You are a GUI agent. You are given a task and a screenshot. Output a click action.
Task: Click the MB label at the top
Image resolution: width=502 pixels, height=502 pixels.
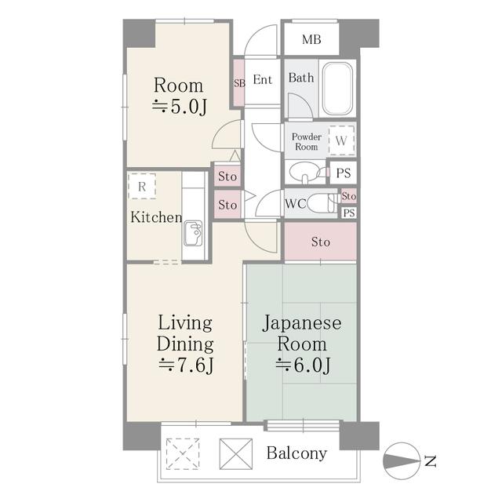click(x=311, y=40)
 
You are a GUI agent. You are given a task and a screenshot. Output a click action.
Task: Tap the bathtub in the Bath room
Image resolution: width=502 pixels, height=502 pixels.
click(x=338, y=88)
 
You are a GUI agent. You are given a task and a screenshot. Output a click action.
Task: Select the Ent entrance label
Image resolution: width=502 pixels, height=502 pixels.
click(x=262, y=80)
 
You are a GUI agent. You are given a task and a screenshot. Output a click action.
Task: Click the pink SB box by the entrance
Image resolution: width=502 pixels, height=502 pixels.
click(x=238, y=82)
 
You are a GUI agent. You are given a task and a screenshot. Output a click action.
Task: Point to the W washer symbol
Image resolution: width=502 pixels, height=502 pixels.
click(x=341, y=141)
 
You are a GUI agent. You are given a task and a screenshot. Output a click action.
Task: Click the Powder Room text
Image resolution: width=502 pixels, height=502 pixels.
click(x=306, y=142)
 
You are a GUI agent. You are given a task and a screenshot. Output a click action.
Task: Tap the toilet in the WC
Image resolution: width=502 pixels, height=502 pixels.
click(x=321, y=203)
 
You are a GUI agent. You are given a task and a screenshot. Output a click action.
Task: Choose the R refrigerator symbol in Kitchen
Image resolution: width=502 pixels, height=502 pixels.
click(x=142, y=187)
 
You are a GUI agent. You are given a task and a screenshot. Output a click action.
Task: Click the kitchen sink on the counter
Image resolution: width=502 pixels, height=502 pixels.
click(x=193, y=233)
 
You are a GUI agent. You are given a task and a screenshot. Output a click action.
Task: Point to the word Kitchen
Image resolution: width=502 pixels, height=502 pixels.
click(x=156, y=217)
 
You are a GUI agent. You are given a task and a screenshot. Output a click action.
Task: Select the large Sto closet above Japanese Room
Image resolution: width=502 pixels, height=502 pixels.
click(x=320, y=242)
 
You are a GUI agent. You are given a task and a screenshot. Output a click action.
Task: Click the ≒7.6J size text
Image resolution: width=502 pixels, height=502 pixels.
click(x=185, y=365)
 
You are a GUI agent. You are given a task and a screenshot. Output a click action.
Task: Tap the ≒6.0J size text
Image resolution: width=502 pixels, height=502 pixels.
click(x=301, y=365)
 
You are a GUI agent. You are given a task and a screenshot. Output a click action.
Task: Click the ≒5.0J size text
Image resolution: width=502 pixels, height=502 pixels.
click(x=179, y=107)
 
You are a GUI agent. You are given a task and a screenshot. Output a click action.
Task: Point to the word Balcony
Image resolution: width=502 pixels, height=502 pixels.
click(x=296, y=453)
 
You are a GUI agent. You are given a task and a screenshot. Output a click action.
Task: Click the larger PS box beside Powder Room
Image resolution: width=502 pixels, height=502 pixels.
click(x=343, y=173)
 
